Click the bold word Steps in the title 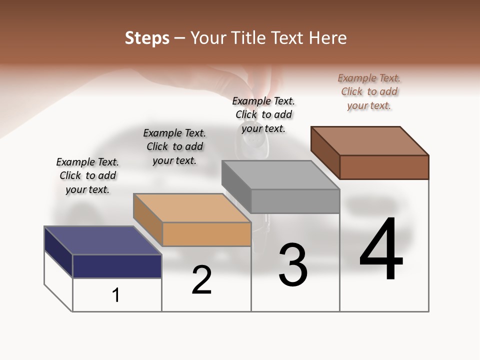[147, 38]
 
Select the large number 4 [381, 249]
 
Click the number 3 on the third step [292, 265]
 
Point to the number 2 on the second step [201, 280]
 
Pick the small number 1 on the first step [116, 295]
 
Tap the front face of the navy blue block [117, 266]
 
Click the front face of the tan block [206, 234]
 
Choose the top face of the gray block [280, 175]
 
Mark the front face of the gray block [295, 201]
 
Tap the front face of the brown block [384, 167]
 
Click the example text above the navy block [87, 175]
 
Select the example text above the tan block [174, 146]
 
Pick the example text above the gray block [263, 114]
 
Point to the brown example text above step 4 [369, 91]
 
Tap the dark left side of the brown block [325, 152]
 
